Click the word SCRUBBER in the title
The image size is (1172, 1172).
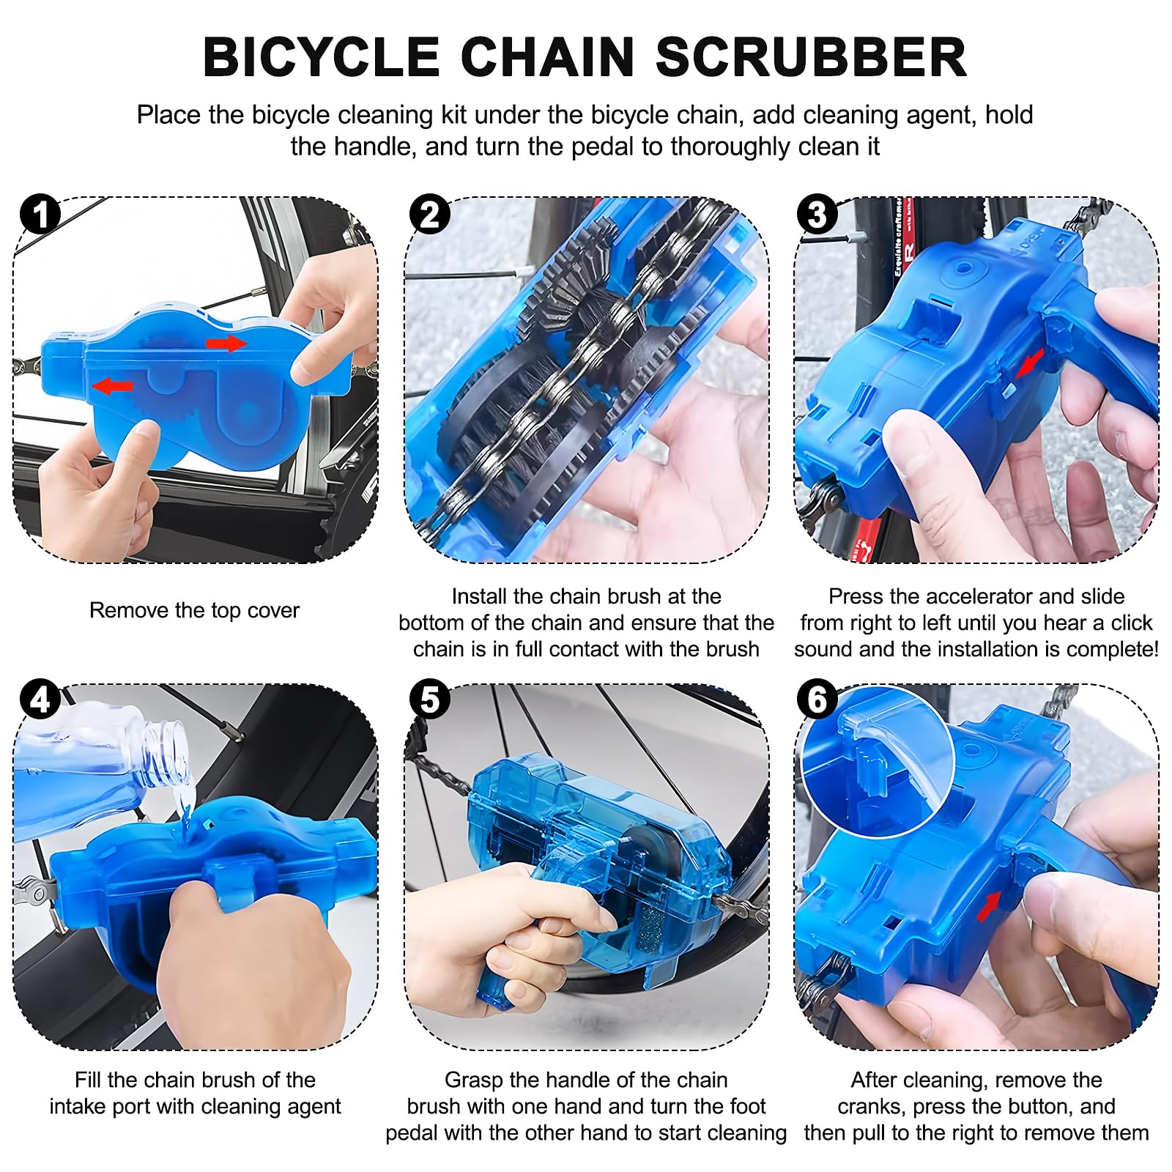point(811,57)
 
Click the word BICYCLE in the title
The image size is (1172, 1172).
point(321,57)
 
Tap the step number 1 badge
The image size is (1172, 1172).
point(40,215)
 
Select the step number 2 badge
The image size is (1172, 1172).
point(430,215)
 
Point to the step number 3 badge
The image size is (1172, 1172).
point(817,215)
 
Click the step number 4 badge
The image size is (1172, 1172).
point(40,700)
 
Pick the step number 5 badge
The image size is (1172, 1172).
point(430,700)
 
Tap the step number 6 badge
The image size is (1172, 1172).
point(817,700)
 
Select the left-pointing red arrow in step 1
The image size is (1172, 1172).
point(113,385)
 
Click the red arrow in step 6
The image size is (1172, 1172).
point(990,907)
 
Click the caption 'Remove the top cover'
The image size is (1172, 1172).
point(194,610)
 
